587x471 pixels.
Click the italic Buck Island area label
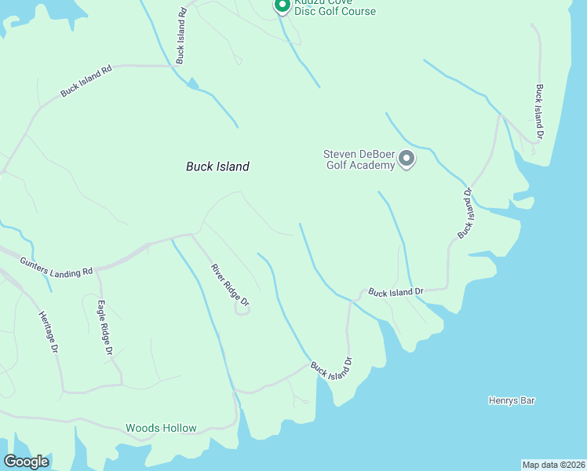point(217,166)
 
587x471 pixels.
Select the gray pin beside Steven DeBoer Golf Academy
point(407,159)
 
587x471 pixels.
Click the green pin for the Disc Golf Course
point(282,5)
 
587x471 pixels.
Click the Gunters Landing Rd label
point(57,266)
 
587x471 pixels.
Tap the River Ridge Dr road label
point(229,285)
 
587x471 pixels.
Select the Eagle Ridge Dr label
point(105,329)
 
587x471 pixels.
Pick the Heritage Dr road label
point(48,330)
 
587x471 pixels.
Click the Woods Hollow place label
point(161,429)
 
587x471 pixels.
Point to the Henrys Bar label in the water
point(512,400)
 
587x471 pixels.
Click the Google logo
point(26,462)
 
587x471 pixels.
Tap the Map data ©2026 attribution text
point(553,464)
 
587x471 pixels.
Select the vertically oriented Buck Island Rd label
point(181,35)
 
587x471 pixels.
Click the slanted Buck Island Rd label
point(86,81)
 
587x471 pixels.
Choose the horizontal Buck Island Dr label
point(396,292)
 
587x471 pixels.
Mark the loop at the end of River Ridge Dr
point(243,310)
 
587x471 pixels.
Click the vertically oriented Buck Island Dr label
point(539,112)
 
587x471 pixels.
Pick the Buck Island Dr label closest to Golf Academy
point(466,214)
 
